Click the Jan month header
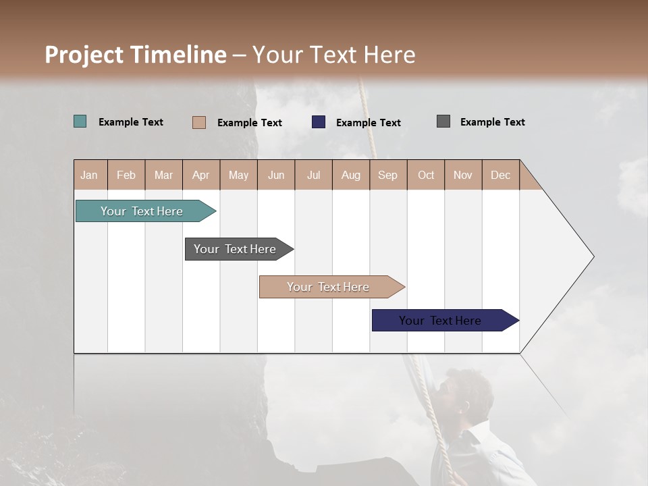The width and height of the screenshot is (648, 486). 90,175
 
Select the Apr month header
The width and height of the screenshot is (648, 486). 201,175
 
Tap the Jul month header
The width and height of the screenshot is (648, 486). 313,175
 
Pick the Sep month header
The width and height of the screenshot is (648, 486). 387,175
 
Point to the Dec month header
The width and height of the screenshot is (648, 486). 500,175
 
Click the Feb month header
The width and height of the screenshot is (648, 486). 126,175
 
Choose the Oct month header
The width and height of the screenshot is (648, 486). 426,175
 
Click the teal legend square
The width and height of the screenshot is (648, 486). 80,122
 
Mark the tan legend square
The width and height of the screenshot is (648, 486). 199,122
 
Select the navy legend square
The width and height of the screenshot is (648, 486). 319,122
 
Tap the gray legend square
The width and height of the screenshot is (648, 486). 443,122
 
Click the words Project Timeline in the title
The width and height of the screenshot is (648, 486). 135,55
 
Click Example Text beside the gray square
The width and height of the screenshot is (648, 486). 492,122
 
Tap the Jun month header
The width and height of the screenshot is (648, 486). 276,175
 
